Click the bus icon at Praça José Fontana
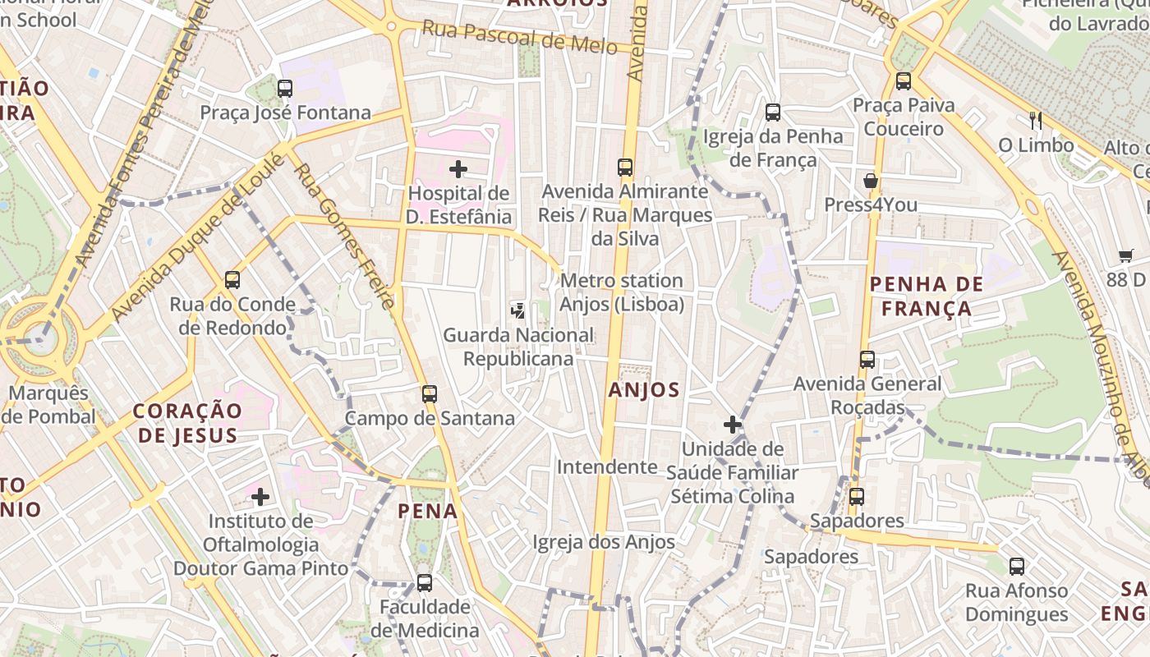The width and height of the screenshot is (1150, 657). (285, 88)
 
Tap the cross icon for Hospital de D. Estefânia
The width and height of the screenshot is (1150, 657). (458, 169)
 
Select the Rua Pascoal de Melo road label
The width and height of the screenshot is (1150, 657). (519, 37)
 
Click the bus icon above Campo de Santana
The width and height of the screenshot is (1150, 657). (429, 393)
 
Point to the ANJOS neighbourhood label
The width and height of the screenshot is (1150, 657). (644, 390)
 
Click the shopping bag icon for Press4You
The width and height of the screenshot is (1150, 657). (871, 181)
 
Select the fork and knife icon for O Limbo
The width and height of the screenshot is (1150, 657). (1035, 121)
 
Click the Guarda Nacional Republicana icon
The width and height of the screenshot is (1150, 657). (517, 310)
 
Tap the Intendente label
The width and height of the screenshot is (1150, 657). (607, 467)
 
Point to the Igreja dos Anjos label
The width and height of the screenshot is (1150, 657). (604, 542)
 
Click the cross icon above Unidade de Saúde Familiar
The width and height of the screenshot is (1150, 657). (732, 425)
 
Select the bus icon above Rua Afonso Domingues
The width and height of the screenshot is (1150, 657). (1016, 566)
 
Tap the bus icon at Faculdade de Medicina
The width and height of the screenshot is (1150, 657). (424, 582)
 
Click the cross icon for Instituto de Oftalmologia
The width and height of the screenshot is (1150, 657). (260, 496)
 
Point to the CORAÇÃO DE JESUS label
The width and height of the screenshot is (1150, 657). (188, 422)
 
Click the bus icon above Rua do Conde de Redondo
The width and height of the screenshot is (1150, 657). (232, 280)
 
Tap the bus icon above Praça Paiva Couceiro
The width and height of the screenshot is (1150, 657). (904, 80)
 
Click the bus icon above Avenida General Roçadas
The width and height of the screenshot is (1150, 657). (867, 359)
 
